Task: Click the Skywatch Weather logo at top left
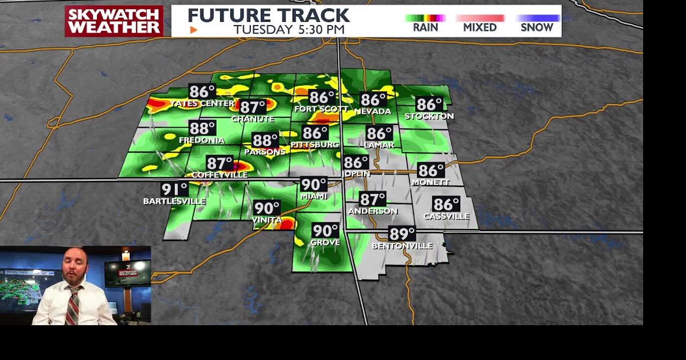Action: (114, 21)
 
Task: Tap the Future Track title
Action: (269, 15)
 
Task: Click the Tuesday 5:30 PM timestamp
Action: (288, 29)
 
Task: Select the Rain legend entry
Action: (426, 27)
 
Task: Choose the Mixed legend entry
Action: (480, 27)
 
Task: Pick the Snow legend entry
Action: (536, 27)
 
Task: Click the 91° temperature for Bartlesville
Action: (174, 189)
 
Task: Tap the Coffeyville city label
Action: (220, 175)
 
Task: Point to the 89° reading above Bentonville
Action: (402, 234)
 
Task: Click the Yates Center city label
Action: (202, 103)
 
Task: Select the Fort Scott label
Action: (321, 109)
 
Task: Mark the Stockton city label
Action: (429, 116)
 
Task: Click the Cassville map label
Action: (446, 216)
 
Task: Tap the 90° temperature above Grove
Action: (325, 230)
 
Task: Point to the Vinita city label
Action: (267, 220)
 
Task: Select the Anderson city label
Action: (372, 211)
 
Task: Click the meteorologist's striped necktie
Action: (73, 305)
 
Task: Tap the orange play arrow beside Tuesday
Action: (194, 30)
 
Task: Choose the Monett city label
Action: (430, 182)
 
